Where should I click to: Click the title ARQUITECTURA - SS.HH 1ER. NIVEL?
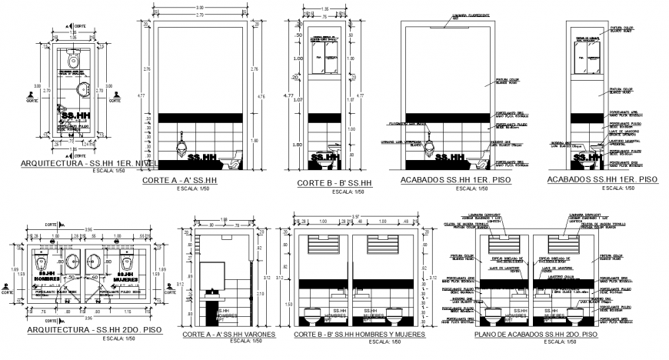tap(88, 165)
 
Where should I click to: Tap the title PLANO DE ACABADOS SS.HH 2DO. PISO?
tap(526, 335)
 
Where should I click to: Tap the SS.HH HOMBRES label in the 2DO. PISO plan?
tap(47, 273)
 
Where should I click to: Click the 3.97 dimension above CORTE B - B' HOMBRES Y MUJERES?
tap(355, 216)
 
